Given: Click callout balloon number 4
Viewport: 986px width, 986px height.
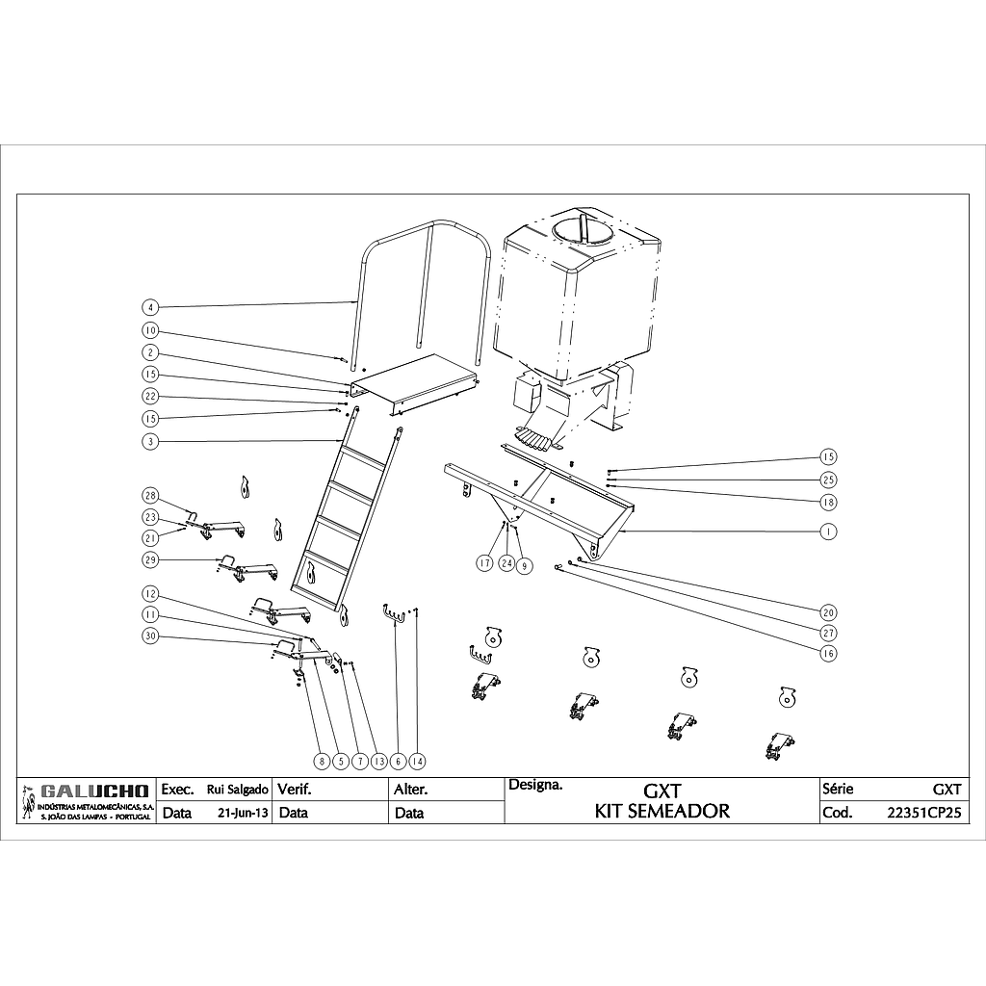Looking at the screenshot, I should click(150, 308).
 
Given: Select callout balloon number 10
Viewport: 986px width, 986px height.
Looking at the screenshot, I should click(150, 330).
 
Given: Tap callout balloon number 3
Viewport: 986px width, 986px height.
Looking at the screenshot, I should click(150, 441).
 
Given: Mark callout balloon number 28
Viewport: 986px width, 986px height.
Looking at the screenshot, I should click(150, 496).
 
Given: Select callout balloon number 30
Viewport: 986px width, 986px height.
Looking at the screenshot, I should click(150, 636).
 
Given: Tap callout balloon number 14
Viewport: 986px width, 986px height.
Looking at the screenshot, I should click(416, 761).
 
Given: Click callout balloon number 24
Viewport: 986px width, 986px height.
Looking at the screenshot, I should click(506, 563).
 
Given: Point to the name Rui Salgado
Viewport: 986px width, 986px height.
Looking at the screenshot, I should click(237, 790).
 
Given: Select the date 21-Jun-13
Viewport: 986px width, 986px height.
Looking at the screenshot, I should click(244, 813).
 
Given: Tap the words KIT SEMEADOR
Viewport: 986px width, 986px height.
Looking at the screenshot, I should click(662, 811).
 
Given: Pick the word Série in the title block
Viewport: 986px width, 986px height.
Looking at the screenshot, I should click(839, 789).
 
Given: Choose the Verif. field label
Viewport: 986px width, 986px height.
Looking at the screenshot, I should click(295, 790).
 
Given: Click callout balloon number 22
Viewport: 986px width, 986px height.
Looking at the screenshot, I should click(150, 397).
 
